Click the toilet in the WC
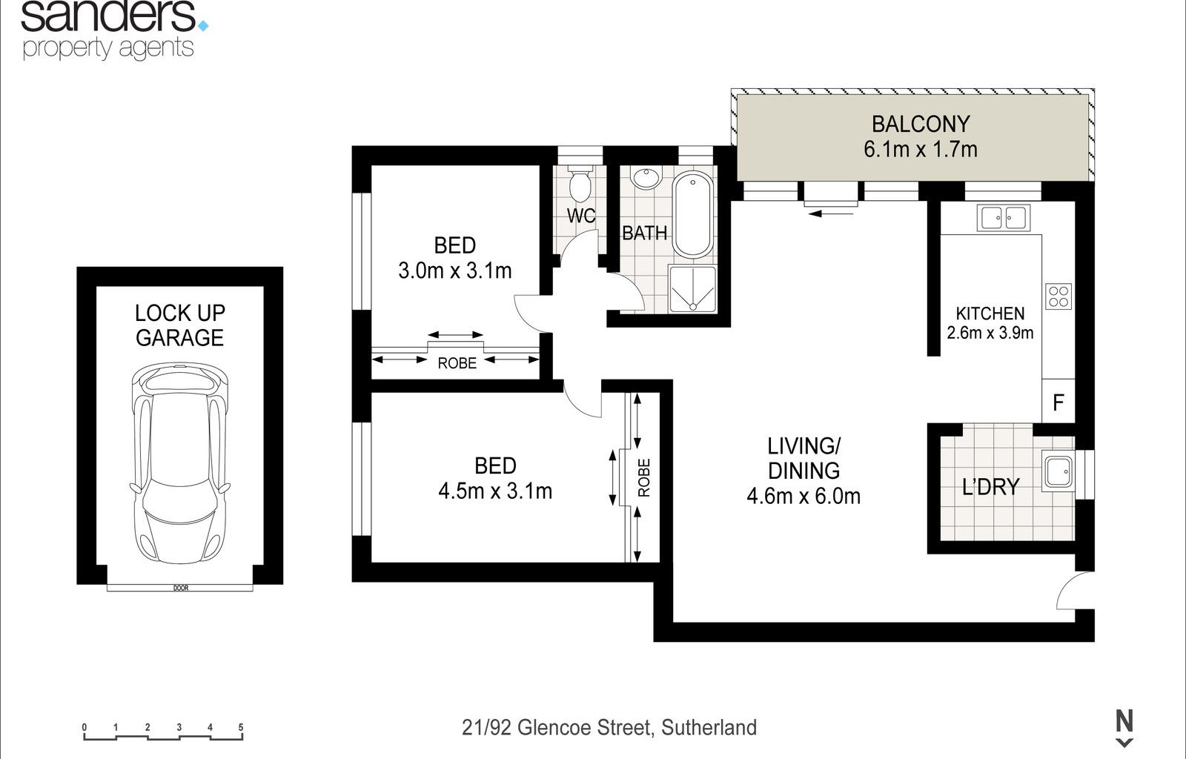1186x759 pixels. (580, 183)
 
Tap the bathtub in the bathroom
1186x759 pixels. (692, 214)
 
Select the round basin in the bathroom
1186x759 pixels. (646, 179)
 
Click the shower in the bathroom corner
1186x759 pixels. (692, 289)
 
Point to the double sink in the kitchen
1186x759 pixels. (1004, 217)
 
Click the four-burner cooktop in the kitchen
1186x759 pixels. (1059, 296)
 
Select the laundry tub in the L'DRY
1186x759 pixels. (1057, 471)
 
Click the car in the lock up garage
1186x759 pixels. (180, 464)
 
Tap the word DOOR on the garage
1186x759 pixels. (181, 588)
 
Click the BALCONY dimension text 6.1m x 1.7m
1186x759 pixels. (920, 150)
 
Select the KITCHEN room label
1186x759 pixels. (990, 314)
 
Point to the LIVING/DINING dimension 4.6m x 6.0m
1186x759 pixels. (804, 497)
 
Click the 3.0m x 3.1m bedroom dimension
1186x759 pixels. (455, 271)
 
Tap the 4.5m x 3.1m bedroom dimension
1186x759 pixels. (495, 491)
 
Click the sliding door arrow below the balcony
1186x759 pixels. (831, 213)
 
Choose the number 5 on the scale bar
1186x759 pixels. (241, 727)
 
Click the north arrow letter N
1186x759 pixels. (1124, 721)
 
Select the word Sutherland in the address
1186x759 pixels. (709, 728)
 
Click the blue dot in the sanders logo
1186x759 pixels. (203, 25)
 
